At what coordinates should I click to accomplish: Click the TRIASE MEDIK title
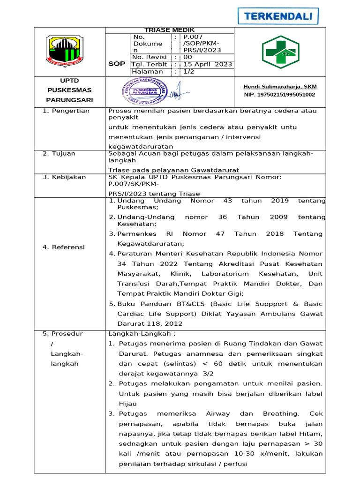pos(169,30)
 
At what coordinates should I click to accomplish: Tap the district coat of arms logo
pos(65,50)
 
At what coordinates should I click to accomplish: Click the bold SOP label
pos(116,63)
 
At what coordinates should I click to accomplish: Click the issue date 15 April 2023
pos(207,64)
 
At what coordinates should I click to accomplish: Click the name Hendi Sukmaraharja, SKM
pos(280,86)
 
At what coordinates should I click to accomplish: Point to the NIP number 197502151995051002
pos(279,94)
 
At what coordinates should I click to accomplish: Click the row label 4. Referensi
pos(64,247)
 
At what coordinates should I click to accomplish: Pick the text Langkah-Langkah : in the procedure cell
pos(142,334)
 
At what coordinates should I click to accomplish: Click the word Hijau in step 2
pos(127,403)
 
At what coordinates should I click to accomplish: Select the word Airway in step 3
pos(218,413)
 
